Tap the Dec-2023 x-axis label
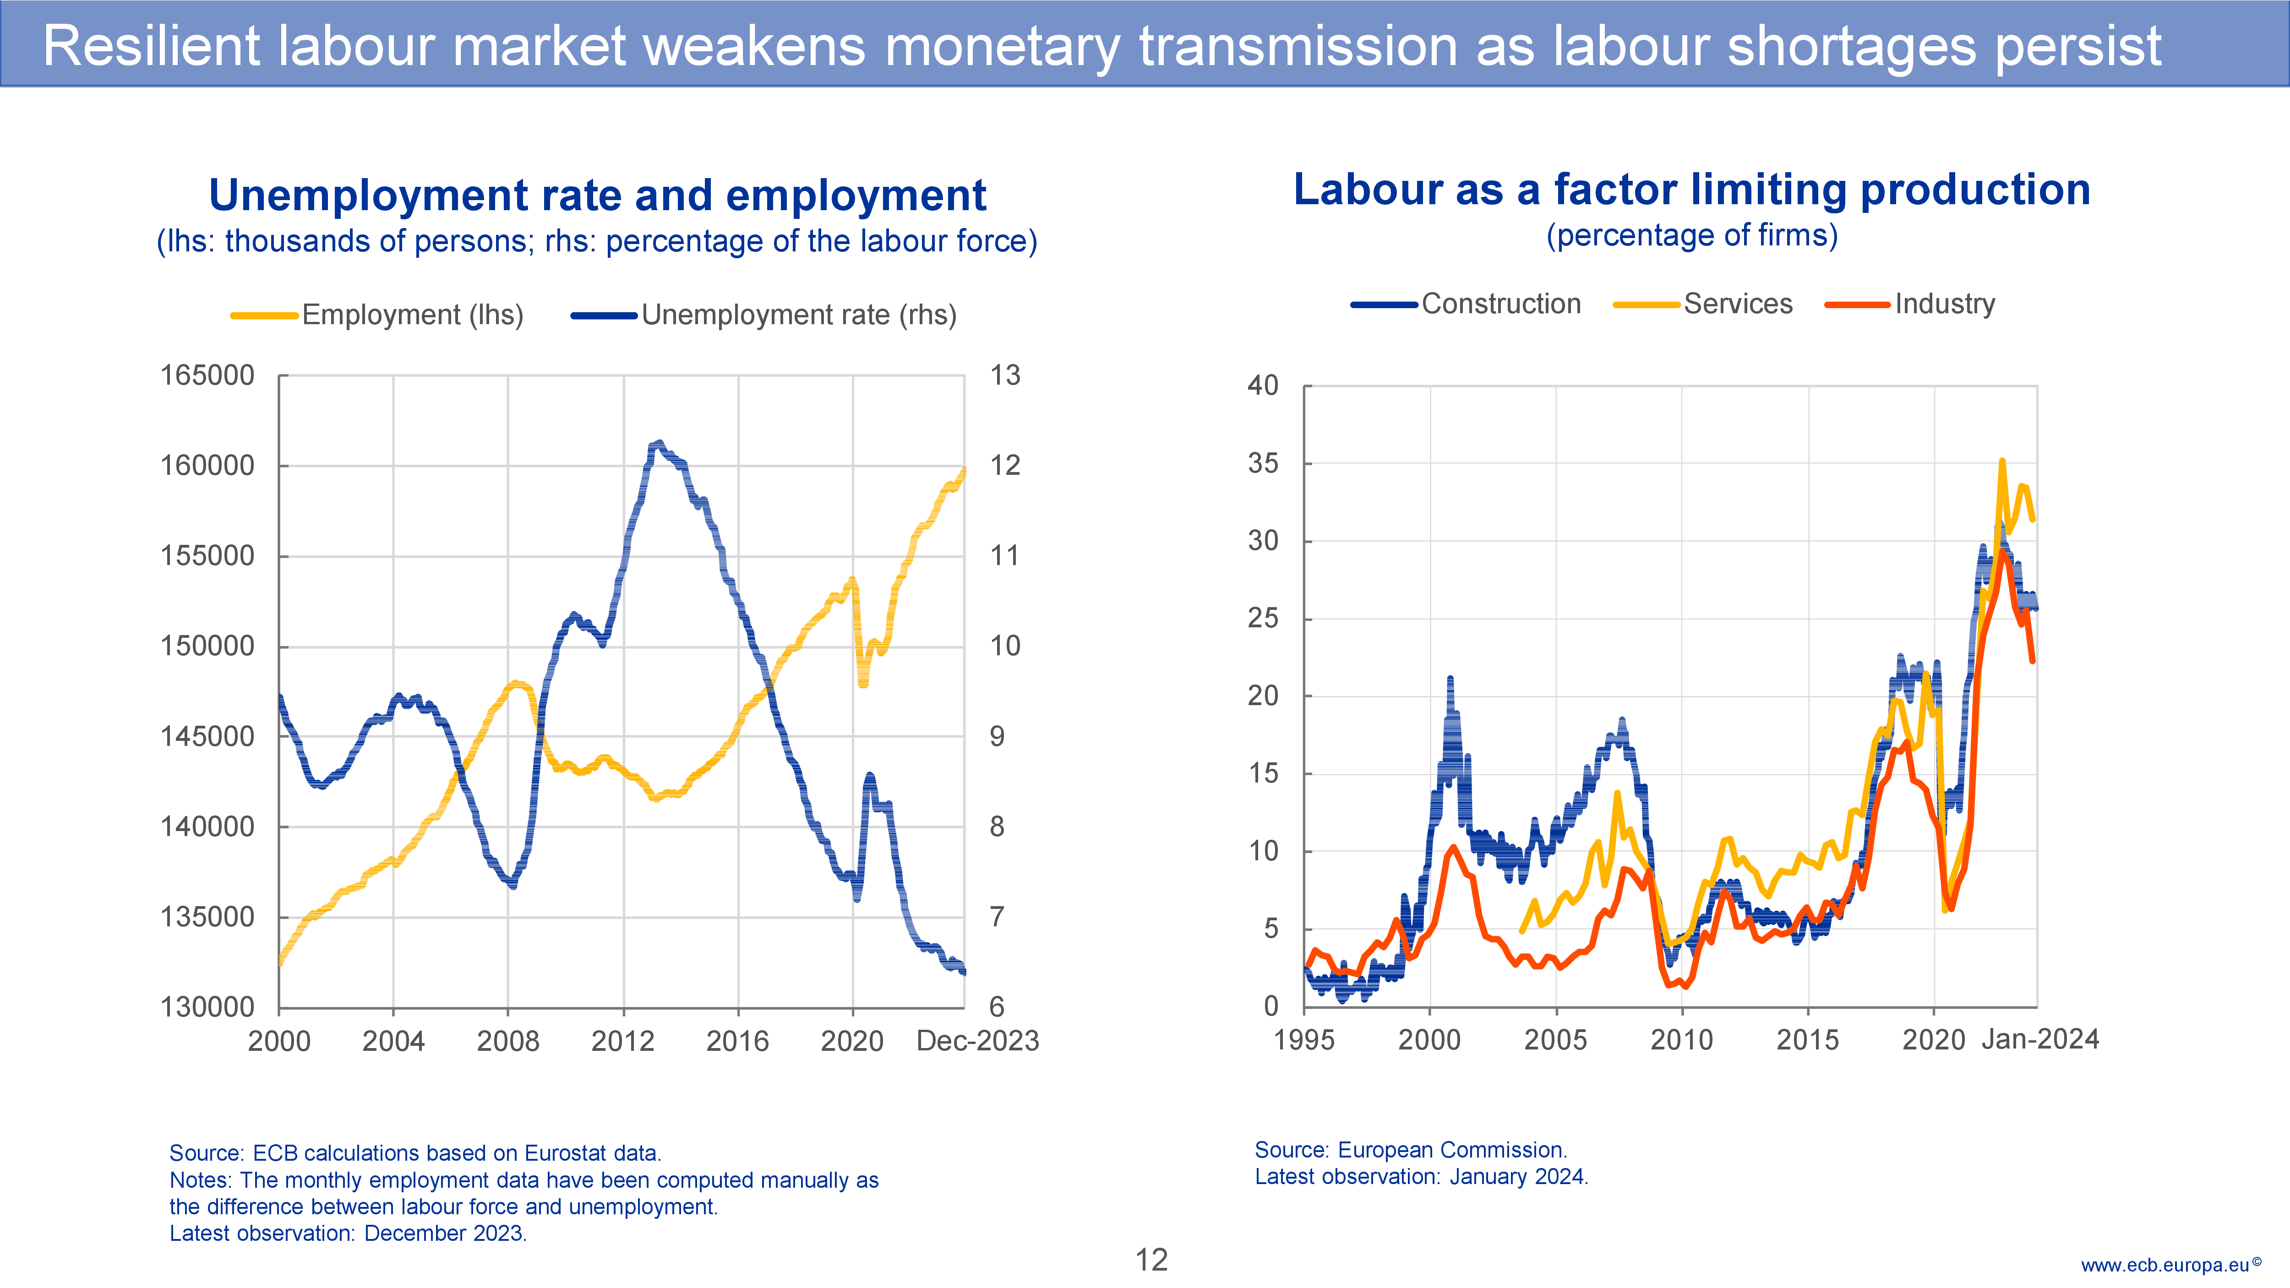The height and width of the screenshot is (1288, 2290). (x=977, y=1041)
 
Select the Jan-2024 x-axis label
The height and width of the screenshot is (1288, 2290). (x=2040, y=1039)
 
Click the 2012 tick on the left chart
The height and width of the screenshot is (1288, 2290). (x=622, y=1041)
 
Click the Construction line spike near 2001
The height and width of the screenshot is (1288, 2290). (x=1450, y=680)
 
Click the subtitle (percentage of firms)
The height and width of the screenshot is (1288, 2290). (x=1692, y=235)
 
